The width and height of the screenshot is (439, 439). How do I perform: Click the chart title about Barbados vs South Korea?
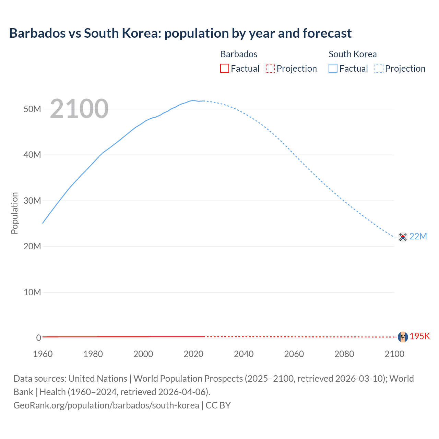tap(180, 33)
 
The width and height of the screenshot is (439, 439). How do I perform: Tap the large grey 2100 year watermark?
tap(79, 109)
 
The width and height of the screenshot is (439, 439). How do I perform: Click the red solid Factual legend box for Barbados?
tap(224, 68)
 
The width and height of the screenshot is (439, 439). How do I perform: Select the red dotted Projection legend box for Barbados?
tap(270, 68)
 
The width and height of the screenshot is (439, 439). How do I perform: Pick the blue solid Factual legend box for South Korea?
tap(333, 68)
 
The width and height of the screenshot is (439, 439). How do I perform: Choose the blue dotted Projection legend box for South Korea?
tap(379, 68)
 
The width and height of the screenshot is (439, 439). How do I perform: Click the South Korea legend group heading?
tap(352, 54)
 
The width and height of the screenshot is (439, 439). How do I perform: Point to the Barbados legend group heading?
tap(239, 54)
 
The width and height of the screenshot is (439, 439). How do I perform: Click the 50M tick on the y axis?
tap(32, 109)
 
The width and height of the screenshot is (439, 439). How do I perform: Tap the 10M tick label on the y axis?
tap(32, 292)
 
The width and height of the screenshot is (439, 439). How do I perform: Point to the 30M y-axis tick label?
tap(32, 201)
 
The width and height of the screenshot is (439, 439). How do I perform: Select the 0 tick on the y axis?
tap(38, 338)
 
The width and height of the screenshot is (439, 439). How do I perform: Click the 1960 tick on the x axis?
tap(43, 354)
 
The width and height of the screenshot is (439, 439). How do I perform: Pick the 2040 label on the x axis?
tap(244, 354)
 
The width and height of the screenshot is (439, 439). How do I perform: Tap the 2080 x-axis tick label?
tap(344, 354)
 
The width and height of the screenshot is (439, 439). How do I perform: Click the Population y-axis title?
tap(14, 213)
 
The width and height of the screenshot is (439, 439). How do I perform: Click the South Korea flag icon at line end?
tap(403, 237)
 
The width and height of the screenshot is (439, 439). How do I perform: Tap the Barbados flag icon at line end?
tap(403, 337)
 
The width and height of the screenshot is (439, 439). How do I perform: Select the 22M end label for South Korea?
tap(418, 236)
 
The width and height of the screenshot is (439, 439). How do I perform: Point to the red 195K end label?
tap(419, 336)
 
